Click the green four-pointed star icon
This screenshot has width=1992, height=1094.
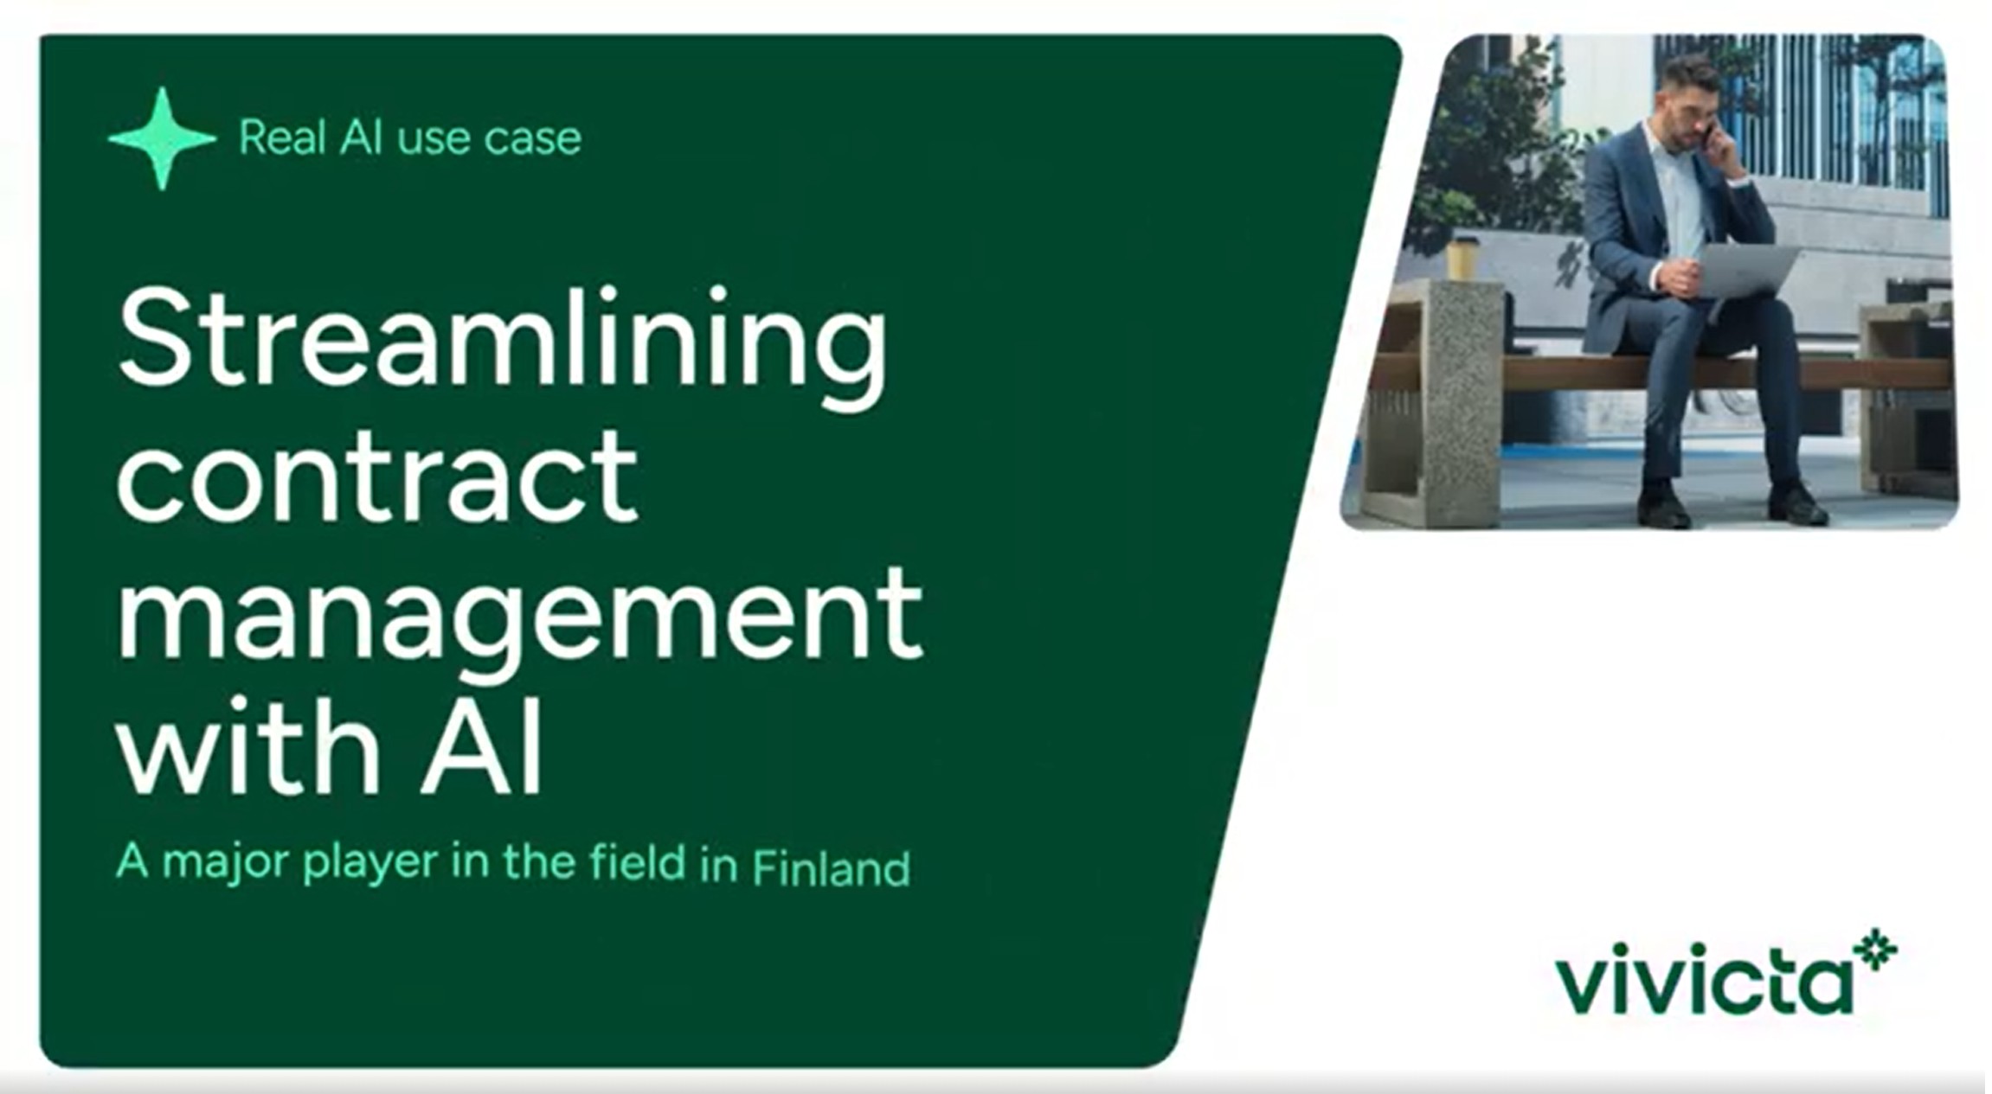point(162,138)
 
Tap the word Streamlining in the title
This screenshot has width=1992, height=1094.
point(502,342)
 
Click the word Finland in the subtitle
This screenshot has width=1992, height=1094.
point(831,867)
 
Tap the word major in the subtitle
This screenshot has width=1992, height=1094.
point(227,863)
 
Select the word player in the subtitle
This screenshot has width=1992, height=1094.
point(370,863)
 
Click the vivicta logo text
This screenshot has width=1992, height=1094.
point(1705,984)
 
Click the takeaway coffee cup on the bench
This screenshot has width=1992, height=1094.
point(1463,258)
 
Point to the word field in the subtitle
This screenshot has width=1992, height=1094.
point(638,862)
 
